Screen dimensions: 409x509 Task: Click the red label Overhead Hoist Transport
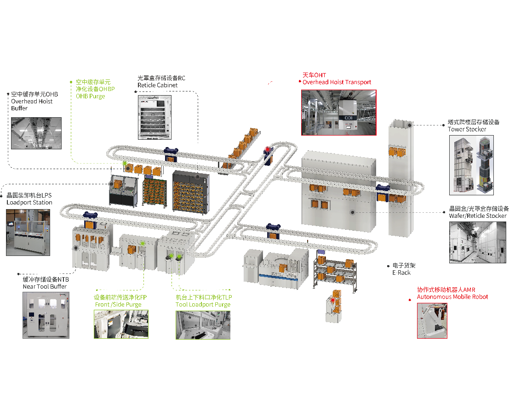337,82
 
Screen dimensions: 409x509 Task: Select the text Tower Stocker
467,129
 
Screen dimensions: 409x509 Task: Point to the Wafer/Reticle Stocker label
478,216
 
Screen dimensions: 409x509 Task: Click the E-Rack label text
401,273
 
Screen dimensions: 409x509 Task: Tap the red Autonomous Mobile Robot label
452,297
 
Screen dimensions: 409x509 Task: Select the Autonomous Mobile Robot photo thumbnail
432,321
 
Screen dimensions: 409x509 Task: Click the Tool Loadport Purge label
203,305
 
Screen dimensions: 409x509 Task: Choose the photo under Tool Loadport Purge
203,325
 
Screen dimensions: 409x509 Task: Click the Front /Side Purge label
118,305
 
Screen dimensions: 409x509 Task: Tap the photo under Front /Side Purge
121,324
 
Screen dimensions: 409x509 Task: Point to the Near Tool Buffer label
45,286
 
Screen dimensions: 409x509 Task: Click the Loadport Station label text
29,203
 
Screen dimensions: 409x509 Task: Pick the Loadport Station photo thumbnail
28,233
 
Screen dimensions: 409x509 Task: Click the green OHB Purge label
90,96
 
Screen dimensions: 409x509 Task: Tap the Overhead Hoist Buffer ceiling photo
36,133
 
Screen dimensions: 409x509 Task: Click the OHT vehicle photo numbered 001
339,113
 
